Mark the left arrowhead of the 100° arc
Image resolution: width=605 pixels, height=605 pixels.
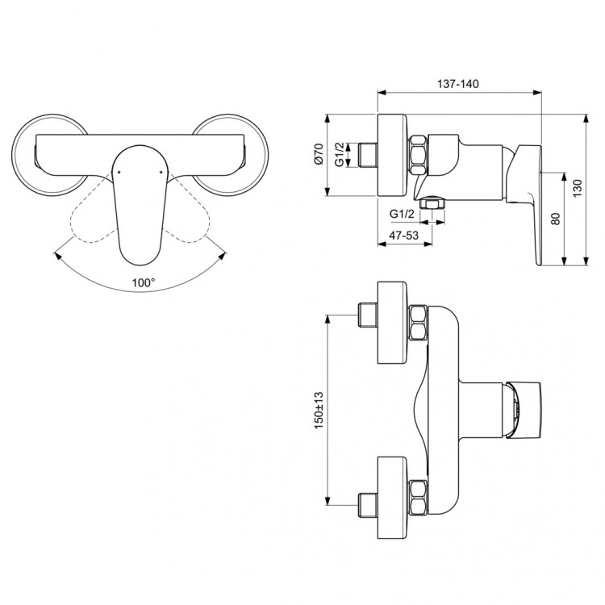coord(56,254)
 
